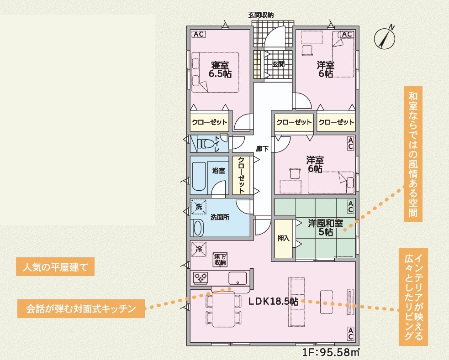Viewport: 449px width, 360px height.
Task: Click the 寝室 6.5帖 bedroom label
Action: pyautogui.click(x=220, y=69)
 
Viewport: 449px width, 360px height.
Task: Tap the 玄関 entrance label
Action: pyautogui.click(x=278, y=64)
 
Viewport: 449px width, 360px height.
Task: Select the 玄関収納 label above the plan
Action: pyautogui.click(x=261, y=15)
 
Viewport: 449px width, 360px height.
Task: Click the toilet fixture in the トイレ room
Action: pyautogui.click(x=206, y=143)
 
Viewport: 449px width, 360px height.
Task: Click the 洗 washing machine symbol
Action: pyautogui.click(x=199, y=206)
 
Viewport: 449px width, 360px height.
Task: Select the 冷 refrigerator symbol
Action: pyautogui.click(x=199, y=249)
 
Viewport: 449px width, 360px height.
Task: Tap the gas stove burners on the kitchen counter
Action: pyautogui.click(x=201, y=277)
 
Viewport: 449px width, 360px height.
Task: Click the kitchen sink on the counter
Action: pyautogui.click(x=238, y=278)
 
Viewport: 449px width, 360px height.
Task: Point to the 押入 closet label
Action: pyautogui.click(x=283, y=238)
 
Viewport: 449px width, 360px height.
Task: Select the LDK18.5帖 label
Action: pyautogui.click(x=273, y=301)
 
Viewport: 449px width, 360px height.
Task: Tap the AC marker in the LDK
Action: pyautogui.click(x=350, y=334)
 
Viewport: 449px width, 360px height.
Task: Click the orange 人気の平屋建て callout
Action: pyautogui.click(x=55, y=267)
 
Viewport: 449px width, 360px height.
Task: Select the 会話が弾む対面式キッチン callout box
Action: pyautogui.click(x=81, y=309)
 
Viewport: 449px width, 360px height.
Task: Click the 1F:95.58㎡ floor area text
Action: pyautogui.click(x=331, y=352)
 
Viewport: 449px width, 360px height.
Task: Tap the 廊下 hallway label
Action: pyautogui.click(x=262, y=149)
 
